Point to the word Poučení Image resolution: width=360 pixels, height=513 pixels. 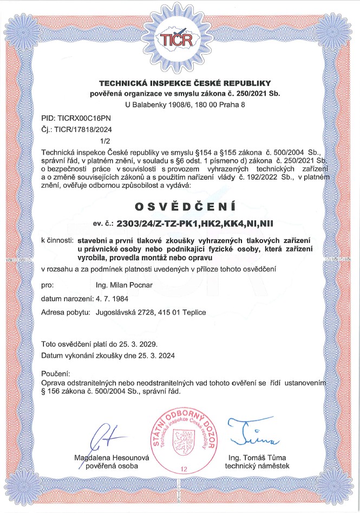(56, 374)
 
